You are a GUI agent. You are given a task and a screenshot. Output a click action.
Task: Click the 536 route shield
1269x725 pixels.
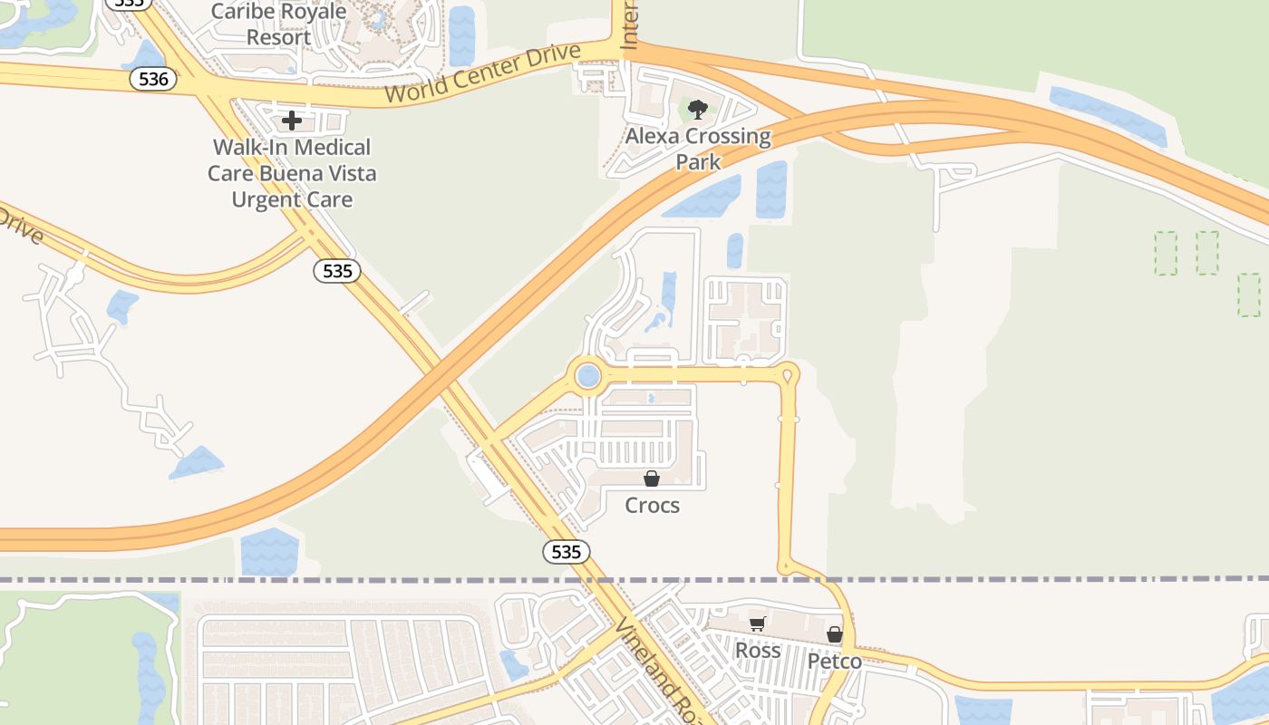click(154, 79)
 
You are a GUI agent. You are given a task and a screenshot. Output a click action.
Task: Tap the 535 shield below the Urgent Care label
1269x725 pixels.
click(337, 270)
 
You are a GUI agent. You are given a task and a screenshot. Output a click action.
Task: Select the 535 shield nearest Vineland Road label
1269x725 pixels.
click(567, 551)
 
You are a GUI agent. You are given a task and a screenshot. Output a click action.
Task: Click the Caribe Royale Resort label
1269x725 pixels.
click(278, 24)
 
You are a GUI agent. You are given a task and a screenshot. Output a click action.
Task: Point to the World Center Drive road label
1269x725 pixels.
click(481, 73)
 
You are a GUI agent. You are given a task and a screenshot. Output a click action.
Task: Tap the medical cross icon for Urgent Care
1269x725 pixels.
click(292, 120)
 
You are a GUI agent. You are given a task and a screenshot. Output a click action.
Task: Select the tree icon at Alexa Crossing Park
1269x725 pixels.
click(697, 111)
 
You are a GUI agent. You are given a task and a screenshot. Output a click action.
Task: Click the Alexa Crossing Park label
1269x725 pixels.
click(698, 149)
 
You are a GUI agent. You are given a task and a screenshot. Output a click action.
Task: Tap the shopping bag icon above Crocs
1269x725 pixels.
click(651, 478)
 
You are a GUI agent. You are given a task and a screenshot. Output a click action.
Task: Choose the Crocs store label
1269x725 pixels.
click(652, 505)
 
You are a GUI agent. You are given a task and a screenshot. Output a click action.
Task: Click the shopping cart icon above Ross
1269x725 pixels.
click(757, 623)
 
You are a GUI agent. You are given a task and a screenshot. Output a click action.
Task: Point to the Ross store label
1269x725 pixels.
click(757, 650)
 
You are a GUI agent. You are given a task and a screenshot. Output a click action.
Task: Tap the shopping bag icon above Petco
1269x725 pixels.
click(834, 634)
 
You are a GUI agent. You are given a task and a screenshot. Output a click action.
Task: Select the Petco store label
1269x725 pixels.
click(834, 661)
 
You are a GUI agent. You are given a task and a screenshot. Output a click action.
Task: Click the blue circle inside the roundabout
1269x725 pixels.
click(588, 375)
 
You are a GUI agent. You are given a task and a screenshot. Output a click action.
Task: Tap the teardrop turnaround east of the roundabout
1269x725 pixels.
click(788, 372)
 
